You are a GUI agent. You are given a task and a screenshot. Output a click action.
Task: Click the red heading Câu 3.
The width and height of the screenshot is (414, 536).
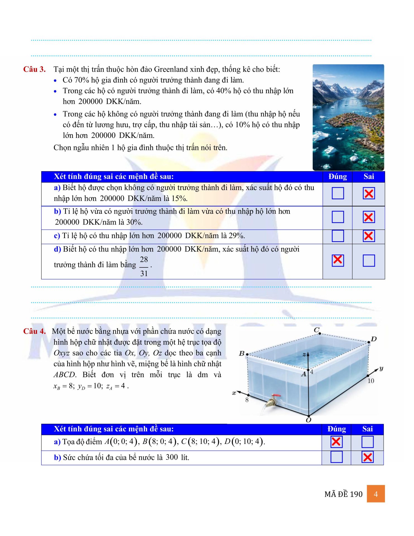point(34,69)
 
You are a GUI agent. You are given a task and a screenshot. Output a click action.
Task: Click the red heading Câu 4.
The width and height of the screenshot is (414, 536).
point(34,331)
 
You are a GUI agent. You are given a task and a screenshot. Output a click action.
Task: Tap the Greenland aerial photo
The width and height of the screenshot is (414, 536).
point(348,117)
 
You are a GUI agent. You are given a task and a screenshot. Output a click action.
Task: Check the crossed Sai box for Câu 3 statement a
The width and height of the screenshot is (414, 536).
point(369,193)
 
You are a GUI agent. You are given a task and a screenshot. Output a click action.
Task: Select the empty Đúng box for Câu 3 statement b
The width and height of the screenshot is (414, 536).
point(338,217)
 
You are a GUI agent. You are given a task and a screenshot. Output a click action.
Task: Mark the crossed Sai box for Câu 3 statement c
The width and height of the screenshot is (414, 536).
point(369,236)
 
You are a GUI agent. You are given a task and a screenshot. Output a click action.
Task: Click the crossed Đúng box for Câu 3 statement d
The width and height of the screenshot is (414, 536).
point(338,260)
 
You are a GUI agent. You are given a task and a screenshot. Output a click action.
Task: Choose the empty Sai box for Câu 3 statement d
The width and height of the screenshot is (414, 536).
point(369,260)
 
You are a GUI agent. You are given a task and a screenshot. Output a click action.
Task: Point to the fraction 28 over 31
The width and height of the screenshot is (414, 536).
point(144,266)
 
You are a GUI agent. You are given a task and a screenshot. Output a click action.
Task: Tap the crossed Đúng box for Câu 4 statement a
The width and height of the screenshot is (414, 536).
point(336,442)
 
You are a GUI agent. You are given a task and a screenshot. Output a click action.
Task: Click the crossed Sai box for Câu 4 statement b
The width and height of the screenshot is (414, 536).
point(367,457)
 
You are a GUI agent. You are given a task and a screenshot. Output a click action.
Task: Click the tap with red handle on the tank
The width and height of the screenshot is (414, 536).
point(272,400)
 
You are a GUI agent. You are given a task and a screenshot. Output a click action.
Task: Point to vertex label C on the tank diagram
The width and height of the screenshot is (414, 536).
point(317,330)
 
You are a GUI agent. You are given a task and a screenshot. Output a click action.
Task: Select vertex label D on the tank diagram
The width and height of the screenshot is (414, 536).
point(374,339)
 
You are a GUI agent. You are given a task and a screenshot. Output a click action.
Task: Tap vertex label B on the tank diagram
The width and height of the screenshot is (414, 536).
point(242,353)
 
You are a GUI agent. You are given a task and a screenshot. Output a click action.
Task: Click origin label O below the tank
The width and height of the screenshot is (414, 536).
point(308,420)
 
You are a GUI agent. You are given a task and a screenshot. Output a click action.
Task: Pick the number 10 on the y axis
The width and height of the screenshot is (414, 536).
point(370,381)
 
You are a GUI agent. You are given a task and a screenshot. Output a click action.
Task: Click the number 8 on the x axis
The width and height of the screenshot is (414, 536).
point(247,400)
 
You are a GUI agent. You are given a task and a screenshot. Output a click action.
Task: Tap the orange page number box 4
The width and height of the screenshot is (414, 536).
point(376,494)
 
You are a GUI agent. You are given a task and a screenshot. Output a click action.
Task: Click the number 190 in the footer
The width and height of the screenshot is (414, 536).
point(356,494)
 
